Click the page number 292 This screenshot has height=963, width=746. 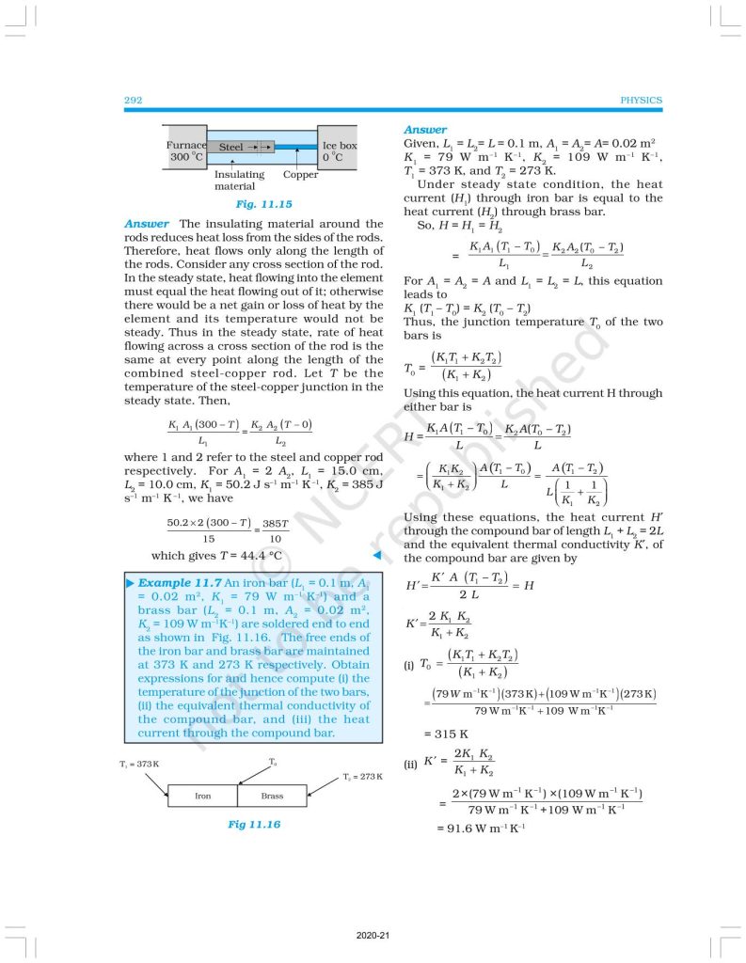(x=133, y=100)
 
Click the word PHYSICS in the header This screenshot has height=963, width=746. (x=642, y=100)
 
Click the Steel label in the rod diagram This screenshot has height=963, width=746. (x=231, y=148)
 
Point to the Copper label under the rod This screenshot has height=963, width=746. (x=301, y=175)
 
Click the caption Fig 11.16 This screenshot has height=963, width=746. (x=254, y=824)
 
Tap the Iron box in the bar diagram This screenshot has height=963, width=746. (x=202, y=796)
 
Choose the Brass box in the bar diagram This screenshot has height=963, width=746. (x=272, y=796)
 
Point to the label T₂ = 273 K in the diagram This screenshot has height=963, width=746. (x=364, y=776)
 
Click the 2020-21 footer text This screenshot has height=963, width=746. (x=373, y=935)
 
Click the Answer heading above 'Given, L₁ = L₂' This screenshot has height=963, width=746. (x=425, y=130)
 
